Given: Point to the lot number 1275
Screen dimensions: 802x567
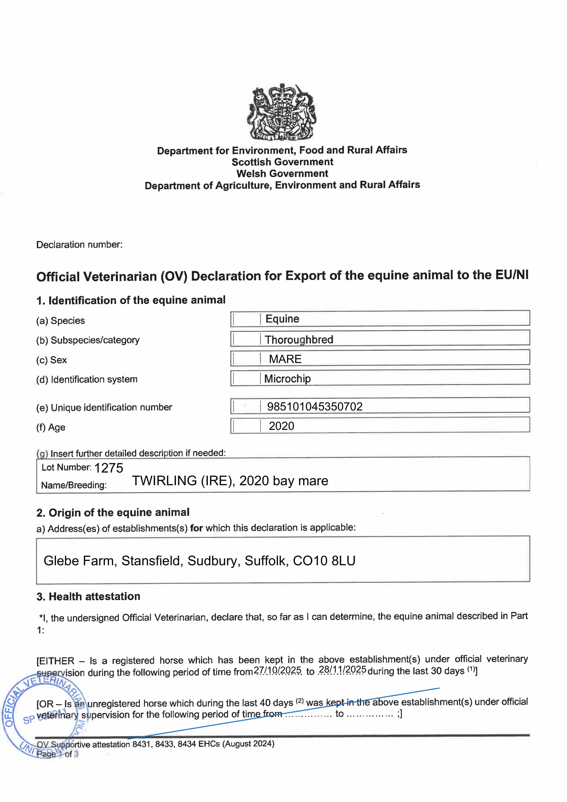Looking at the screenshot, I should coord(109,468).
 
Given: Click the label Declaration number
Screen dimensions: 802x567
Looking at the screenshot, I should coord(79,244).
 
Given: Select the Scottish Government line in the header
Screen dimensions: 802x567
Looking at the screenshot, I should coord(282,162).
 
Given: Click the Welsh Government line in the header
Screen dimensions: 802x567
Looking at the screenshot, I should coord(282,174).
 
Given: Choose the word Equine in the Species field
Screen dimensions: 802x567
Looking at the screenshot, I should coord(282,319).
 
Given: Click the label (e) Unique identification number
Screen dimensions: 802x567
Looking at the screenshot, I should coord(104,408).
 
